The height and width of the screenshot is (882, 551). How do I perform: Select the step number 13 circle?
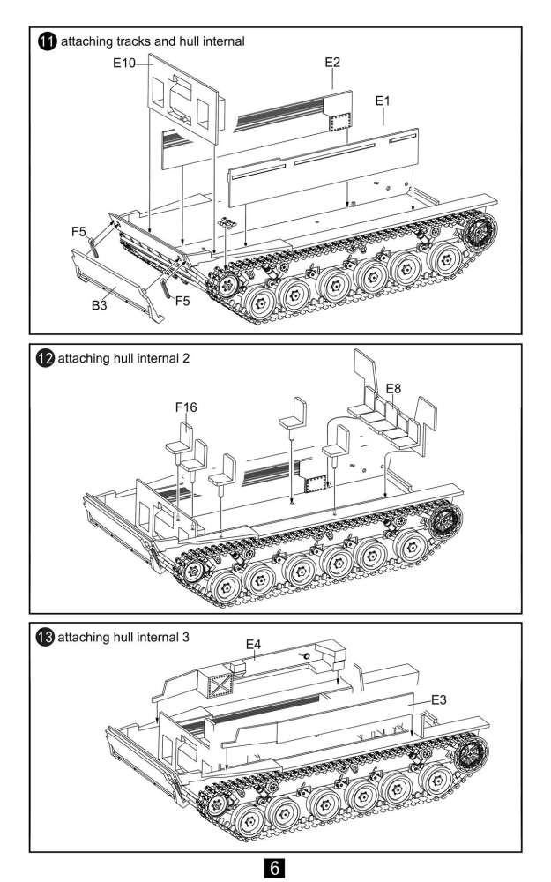(46, 636)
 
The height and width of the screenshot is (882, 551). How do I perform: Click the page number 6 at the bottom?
(274, 867)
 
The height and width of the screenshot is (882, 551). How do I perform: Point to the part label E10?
(123, 64)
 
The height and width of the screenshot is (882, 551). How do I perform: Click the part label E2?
(332, 63)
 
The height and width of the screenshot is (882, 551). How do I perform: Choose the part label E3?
(439, 699)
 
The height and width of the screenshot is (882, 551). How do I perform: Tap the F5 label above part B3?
(78, 232)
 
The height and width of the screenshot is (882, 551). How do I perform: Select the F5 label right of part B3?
(182, 301)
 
